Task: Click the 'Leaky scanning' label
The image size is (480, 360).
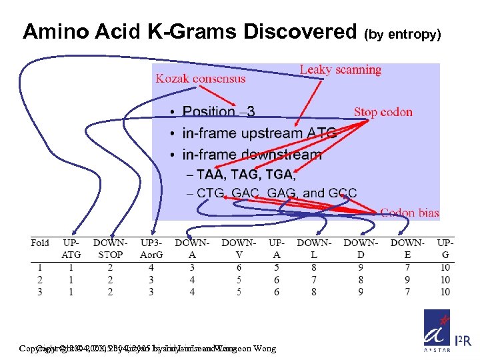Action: [340, 70]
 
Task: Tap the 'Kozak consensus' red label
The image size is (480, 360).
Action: [201, 79]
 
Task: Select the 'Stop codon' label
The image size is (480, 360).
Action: [383, 112]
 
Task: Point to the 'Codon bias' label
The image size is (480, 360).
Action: [409, 213]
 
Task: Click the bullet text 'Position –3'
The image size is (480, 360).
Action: [219, 112]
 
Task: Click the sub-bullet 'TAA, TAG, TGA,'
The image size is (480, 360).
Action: [245, 175]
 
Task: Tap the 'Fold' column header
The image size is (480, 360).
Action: [40, 243]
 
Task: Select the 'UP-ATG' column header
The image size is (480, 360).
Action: [71, 248]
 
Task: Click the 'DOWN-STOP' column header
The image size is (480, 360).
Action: [110, 248]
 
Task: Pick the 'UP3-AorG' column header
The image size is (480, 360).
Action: [151, 248]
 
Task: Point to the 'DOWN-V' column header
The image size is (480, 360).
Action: [239, 248]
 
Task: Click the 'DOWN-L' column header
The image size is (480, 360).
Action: [314, 248]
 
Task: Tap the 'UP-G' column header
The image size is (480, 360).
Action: [445, 248]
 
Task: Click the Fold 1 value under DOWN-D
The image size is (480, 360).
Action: [361, 268]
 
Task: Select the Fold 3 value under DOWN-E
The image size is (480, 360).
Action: [407, 292]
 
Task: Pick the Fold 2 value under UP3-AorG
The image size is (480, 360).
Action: [151, 280]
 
